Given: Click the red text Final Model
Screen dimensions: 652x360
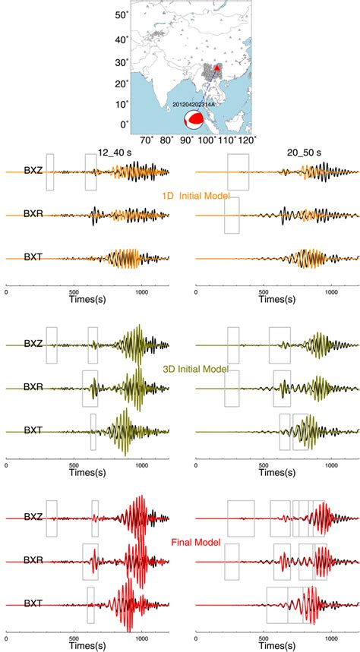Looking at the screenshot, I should pos(195,543).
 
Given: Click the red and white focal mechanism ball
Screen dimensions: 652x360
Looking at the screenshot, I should pos(196,119).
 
